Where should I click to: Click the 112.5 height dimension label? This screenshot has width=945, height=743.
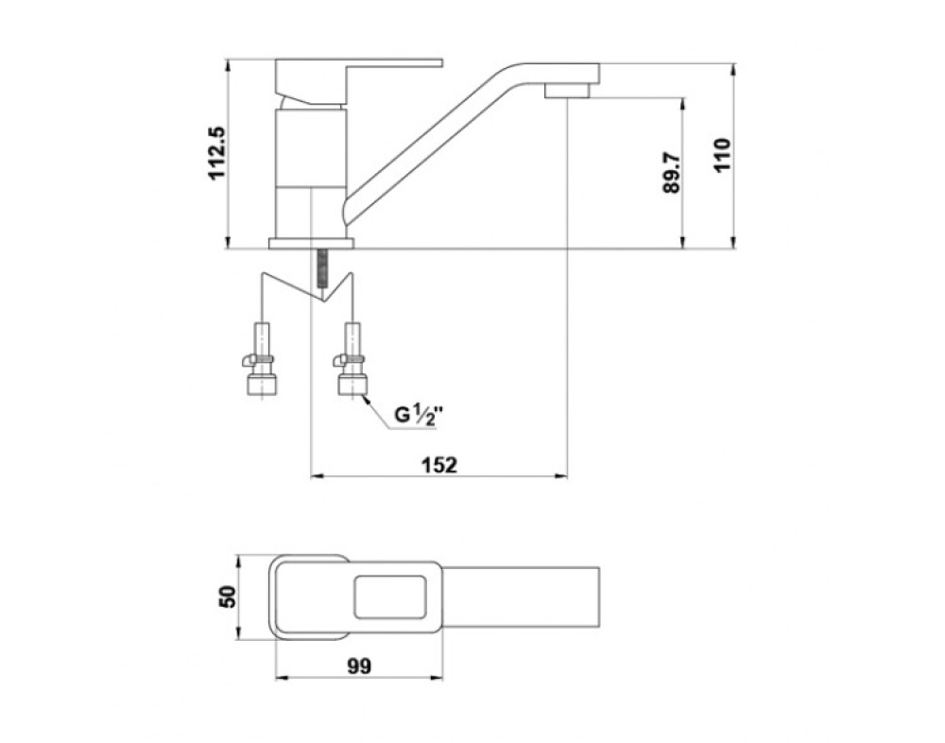click(216, 152)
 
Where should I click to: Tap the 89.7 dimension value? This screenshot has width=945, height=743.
click(671, 172)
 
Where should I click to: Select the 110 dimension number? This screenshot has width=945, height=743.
click(722, 155)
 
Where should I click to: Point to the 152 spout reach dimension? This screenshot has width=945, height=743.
click(438, 465)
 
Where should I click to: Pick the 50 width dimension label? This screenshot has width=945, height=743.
click(228, 597)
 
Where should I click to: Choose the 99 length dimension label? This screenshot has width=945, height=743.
click(359, 666)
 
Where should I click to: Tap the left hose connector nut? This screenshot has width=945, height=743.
click(263, 384)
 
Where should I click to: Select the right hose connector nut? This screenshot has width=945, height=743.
click(352, 384)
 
